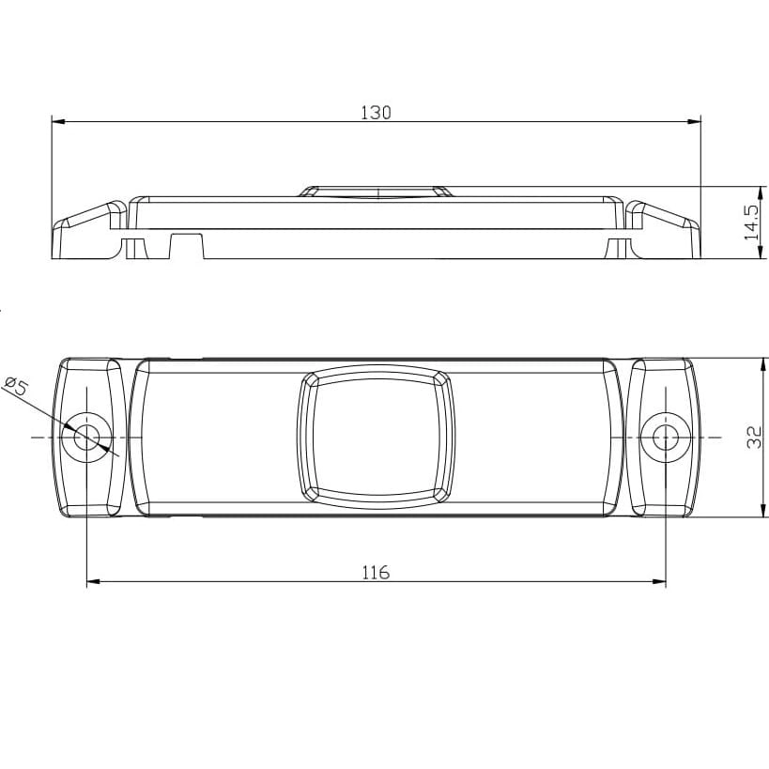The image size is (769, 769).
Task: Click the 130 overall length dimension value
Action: tap(377, 113)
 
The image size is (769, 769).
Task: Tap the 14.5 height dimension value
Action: tap(751, 223)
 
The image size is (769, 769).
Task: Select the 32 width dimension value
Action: tap(754, 437)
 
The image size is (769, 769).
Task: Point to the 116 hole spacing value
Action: tap(376, 573)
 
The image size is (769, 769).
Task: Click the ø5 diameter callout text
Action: tap(16, 386)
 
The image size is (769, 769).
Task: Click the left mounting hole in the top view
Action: tap(86, 437)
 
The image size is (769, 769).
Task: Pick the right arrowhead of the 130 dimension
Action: tap(694, 121)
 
